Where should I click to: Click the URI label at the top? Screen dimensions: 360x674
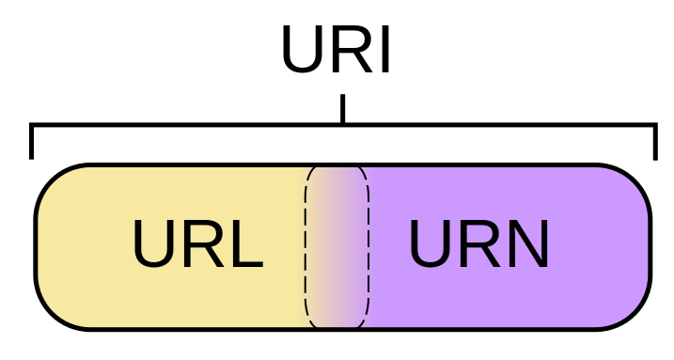click(336, 51)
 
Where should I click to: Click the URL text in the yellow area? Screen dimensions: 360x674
click(196, 245)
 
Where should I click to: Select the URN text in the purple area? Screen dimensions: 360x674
click(478, 245)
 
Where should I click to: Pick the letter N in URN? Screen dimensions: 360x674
click(526, 245)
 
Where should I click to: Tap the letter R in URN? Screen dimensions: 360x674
click(478, 245)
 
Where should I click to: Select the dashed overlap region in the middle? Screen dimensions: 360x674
click(337, 247)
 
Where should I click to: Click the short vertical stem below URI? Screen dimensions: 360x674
click(342, 108)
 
